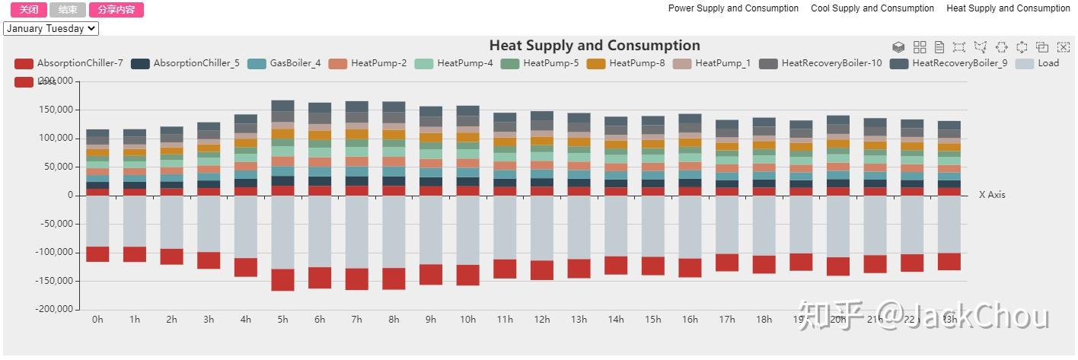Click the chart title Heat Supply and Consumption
coord(594,46)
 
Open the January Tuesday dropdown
coord(51,29)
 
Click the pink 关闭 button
coord(29,10)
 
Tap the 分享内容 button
coord(116,10)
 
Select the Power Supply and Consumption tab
coord(733,8)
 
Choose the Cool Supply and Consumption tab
coord(872,8)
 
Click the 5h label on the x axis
coord(282,320)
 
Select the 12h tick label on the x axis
coord(542,320)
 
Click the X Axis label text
coord(992,195)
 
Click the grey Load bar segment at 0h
coord(97,221)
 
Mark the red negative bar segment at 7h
coord(357,279)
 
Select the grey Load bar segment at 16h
coord(690,227)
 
